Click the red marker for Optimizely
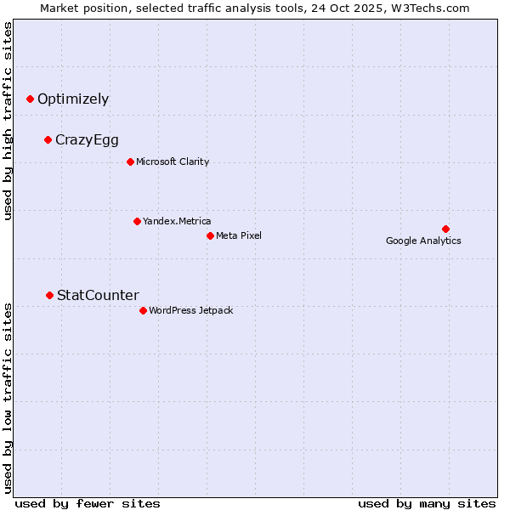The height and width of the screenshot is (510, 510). coord(31,99)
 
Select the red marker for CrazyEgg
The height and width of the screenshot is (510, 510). coord(48,139)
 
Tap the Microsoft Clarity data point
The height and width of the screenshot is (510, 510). coord(130,161)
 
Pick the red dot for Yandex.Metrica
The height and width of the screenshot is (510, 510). coord(137,221)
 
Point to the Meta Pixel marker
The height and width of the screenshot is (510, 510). coord(210,235)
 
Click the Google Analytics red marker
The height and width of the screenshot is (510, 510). coord(445,229)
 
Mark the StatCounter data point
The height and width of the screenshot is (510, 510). coord(50,295)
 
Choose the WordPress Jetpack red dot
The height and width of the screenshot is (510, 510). coord(143,310)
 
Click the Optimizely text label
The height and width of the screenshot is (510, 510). coord(73,99)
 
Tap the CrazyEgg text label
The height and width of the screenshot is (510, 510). coord(87,140)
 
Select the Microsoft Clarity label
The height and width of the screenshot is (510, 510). coord(173,161)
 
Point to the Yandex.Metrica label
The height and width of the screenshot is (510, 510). coord(177,221)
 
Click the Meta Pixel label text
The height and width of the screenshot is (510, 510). coord(239,235)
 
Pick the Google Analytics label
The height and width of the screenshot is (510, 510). coord(423,241)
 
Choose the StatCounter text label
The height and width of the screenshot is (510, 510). coord(98,296)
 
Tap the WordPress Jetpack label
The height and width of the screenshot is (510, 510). coord(190,310)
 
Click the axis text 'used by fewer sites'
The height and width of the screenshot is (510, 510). coord(87,503)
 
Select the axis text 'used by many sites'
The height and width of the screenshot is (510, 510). coord(427,503)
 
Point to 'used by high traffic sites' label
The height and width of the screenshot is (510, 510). coord(8,121)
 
